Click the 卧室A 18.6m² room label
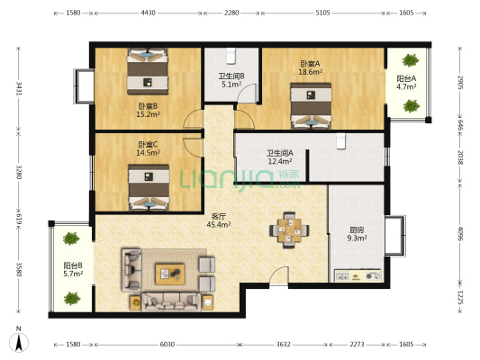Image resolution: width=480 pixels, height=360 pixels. [310, 67]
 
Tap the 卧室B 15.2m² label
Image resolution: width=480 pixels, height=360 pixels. [149, 110]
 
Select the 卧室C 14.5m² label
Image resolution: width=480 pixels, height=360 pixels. [149, 148]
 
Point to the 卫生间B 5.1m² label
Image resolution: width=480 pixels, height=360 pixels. [231, 80]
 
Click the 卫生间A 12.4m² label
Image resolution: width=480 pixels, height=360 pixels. [280, 157]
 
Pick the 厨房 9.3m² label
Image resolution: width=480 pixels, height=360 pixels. [357, 234]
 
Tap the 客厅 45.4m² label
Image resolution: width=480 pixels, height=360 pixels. [219, 220]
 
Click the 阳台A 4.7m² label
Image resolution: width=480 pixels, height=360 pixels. [406, 83]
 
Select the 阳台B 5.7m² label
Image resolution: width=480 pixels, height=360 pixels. [73, 269]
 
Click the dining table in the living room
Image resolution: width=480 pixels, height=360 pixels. [289, 230]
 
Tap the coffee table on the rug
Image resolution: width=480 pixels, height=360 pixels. [170, 274]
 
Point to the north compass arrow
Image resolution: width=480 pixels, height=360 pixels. [19, 343]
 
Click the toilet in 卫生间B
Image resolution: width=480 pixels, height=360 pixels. [231, 56]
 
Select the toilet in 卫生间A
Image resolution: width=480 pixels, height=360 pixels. [341, 141]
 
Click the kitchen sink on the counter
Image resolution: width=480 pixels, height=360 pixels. [342, 276]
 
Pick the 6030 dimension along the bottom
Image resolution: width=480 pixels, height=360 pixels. [168, 345]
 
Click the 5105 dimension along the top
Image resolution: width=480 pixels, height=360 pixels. [323, 13]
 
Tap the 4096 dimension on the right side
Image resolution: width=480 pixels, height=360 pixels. [460, 233]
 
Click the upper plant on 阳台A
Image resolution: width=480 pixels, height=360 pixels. [410, 60]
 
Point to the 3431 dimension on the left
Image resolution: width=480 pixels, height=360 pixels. [19, 88]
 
